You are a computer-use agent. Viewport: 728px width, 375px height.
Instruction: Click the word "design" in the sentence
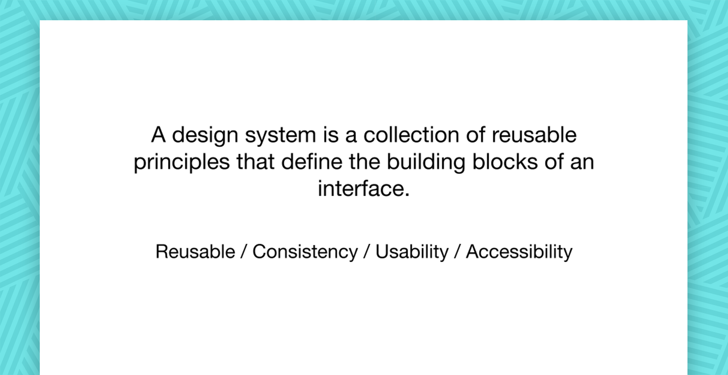tap(205, 136)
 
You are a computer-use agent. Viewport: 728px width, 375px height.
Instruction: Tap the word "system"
tap(280, 136)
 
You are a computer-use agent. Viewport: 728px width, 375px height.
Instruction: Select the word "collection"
tap(411, 135)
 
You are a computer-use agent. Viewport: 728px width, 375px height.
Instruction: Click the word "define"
tap(312, 162)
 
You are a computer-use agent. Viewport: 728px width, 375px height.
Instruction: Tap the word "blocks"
tap(505, 162)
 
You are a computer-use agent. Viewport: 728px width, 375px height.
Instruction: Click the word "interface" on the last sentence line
tap(361, 188)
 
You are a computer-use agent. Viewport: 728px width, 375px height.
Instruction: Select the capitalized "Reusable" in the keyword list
tap(195, 251)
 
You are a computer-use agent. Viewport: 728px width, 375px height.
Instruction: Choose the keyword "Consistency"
tap(305, 252)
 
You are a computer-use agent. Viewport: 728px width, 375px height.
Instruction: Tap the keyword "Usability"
tap(412, 252)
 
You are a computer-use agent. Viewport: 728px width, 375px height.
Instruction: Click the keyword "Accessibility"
tap(519, 252)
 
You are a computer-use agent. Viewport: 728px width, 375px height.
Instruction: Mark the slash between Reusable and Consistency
tap(244, 252)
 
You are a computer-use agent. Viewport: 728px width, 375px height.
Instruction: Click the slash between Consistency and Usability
tap(367, 252)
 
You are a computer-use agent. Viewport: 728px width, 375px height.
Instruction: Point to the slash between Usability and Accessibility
tap(457, 252)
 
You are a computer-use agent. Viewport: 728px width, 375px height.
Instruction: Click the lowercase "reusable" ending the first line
tap(534, 135)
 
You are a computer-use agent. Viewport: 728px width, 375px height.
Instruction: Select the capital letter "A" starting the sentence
tap(158, 135)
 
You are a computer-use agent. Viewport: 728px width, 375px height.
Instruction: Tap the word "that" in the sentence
tap(255, 162)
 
